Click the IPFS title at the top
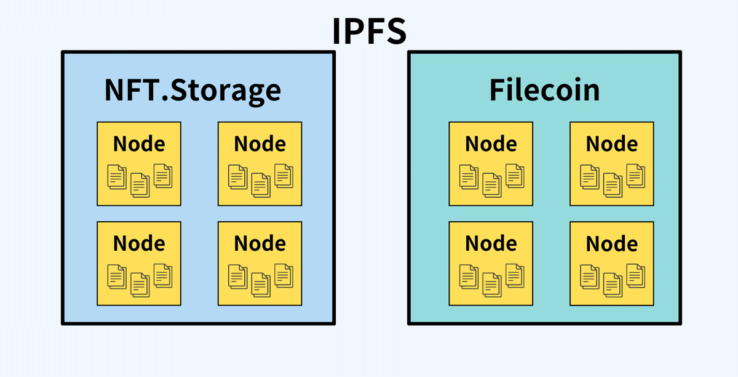tap(369, 31)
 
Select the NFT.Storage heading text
tap(192, 90)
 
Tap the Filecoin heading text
tap(544, 90)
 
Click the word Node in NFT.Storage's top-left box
tap(139, 144)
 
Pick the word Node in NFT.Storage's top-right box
tap(260, 144)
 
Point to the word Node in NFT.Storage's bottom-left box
tap(139, 243)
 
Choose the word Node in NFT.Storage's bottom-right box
tap(260, 243)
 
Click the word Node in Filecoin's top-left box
tap(491, 144)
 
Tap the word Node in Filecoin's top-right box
tap(611, 144)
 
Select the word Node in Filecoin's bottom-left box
tap(491, 243)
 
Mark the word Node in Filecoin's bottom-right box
tap(611, 243)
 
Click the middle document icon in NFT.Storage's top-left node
tap(140, 184)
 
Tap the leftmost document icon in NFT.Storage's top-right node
tap(237, 177)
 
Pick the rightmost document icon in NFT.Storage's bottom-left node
tap(163, 275)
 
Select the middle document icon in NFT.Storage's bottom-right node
tap(260, 284)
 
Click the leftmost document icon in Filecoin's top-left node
tap(469, 177)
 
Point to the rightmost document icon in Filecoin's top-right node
tap(635, 176)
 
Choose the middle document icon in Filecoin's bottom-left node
tap(491, 284)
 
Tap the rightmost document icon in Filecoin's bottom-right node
tap(635, 275)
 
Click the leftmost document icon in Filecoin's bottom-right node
tap(589, 277)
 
